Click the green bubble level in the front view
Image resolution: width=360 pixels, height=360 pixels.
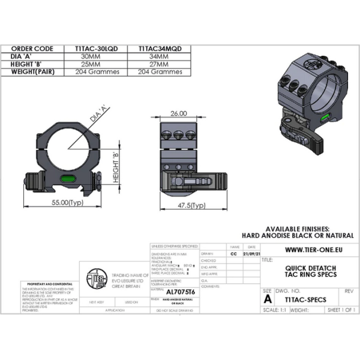point(65,177)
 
